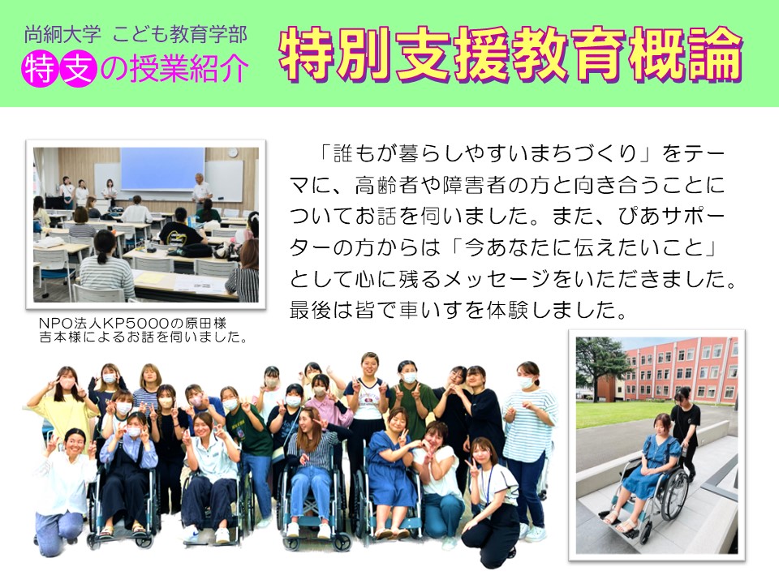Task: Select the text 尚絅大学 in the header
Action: point(62,35)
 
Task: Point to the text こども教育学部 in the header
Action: point(180,35)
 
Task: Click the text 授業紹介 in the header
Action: point(188,69)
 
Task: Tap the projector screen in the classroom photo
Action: point(162,169)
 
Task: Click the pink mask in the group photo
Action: point(196,400)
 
